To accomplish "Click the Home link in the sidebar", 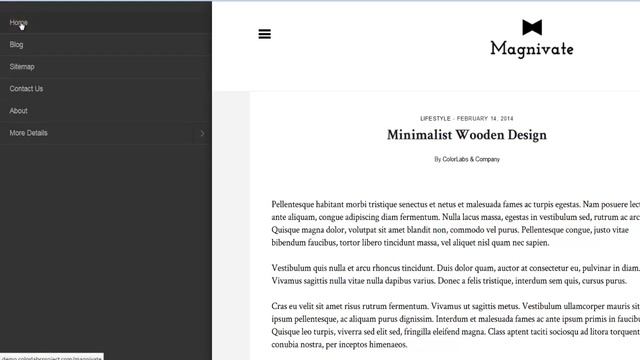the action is click(18, 22).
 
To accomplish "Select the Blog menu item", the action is click(16, 44).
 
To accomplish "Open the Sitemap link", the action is click(22, 66).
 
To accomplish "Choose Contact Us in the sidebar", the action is click(26, 88).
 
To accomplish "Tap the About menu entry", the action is click(18, 110).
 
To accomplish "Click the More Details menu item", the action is click(28, 132).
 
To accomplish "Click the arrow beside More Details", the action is click(202, 133).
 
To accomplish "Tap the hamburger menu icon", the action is click(264, 34).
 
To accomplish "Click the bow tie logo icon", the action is click(531, 27).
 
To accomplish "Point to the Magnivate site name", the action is click(531, 48).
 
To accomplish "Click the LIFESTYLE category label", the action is click(435, 118).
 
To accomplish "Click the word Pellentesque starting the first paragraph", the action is click(301, 204).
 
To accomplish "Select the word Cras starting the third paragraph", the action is click(281, 306).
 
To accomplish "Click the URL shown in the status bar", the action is click(51, 356).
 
